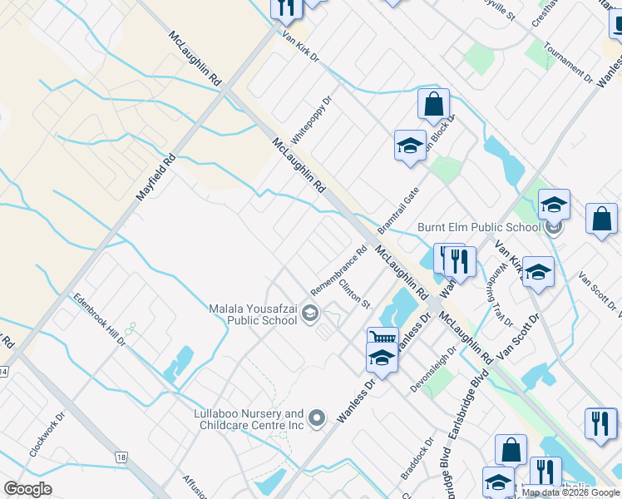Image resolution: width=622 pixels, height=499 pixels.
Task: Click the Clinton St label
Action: click(354, 293)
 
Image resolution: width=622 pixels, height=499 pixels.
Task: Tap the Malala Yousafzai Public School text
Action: click(253, 314)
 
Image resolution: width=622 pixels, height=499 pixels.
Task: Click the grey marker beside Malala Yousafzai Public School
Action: click(310, 314)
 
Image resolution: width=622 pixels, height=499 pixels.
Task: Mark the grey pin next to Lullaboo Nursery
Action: click(317, 418)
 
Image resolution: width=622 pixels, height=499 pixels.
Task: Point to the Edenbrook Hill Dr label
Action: click(98, 319)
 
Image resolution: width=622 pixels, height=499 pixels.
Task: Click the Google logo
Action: click(27, 489)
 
